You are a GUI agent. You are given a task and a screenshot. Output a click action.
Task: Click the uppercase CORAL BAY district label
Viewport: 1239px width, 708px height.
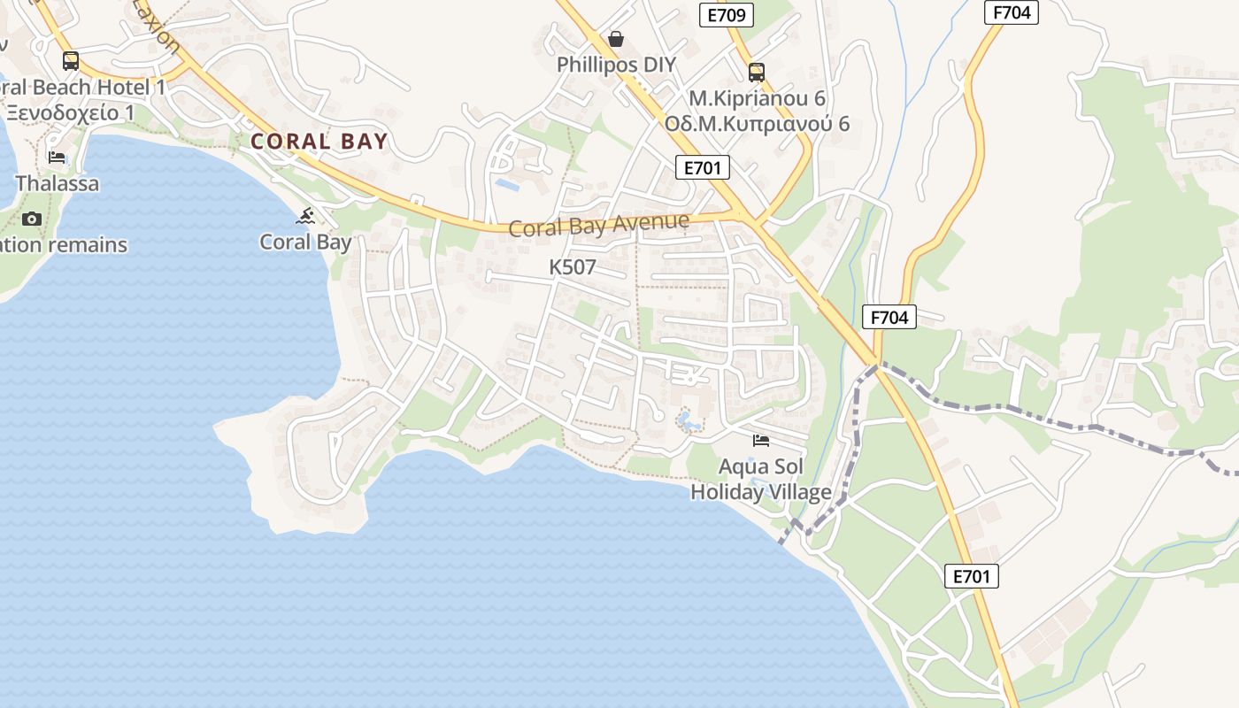319,141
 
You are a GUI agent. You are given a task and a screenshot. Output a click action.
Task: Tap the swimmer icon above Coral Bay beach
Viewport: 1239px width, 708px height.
306,216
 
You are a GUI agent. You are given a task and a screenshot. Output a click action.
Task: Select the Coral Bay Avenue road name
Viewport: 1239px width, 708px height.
598,225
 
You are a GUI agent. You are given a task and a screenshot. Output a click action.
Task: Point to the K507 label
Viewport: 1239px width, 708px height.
573,266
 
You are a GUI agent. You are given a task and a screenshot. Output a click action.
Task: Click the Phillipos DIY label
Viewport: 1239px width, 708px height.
616,65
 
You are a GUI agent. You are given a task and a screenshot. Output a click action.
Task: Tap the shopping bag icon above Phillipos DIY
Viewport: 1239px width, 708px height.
616,39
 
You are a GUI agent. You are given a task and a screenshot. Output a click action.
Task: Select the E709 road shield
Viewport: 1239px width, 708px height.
726,15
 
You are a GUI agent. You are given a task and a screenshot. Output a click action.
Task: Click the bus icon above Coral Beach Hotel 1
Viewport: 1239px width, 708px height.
71,61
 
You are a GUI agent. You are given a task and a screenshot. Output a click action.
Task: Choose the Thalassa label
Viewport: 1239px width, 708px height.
58,184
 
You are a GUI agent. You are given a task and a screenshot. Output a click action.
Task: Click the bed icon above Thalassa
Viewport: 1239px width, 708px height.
57,158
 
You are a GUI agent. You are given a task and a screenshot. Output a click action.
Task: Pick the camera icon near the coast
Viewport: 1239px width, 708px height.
32,219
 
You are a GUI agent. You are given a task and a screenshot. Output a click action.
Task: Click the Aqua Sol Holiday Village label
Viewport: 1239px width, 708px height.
761,479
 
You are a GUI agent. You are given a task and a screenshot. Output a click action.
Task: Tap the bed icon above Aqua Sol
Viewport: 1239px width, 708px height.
761,440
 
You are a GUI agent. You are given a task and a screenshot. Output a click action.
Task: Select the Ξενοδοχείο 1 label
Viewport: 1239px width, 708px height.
70,112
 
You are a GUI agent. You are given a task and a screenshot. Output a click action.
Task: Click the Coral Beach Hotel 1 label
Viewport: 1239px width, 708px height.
83,87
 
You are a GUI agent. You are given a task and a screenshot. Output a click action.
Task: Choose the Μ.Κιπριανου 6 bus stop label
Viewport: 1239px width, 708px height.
757,97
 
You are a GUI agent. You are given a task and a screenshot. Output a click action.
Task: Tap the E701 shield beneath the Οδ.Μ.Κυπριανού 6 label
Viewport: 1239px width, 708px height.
702,167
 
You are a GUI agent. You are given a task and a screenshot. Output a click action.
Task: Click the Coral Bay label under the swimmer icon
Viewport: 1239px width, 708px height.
305,242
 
